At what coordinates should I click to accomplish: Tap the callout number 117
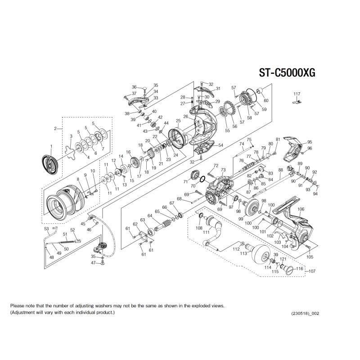pos(297,94)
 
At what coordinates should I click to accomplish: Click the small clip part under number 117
pos(296,103)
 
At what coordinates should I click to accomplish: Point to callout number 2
pos(55,129)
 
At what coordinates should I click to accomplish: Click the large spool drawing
pos(65,200)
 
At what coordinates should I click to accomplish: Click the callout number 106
pos(301,209)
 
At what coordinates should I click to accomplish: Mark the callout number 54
pos(220,146)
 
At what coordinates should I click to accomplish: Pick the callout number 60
pos(265,100)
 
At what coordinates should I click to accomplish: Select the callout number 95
pos(309,142)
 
